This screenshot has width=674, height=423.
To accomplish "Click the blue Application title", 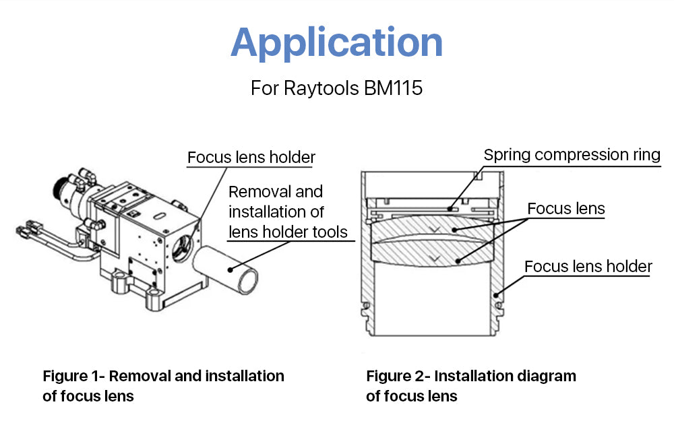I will (x=336, y=42).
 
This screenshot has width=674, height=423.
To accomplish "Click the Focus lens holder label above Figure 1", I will (x=251, y=158).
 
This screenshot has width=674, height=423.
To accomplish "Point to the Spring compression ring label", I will (x=572, y=155).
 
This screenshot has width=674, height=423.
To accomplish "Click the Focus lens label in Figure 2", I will (x=565, y=209).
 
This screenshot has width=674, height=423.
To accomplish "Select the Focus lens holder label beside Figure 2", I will (x=588, y=266).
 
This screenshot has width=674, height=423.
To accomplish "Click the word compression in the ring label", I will (x=580, y=155).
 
